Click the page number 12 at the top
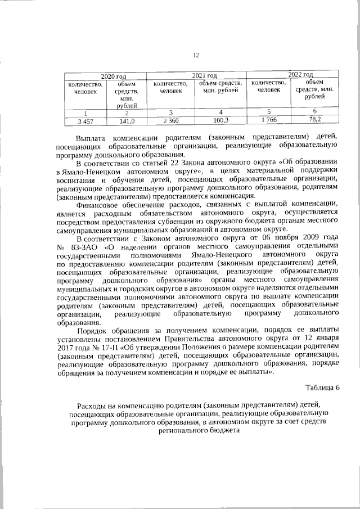coord(196,55)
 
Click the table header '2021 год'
coord(204,75)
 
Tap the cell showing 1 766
coord(268,120)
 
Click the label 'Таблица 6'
coord(322,388)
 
